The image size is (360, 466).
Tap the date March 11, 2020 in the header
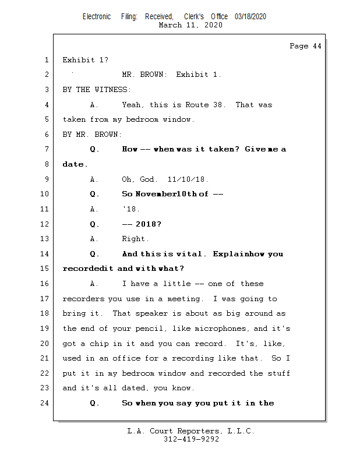[x=190, y=25]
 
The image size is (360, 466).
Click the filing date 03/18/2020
[x=250, y=16]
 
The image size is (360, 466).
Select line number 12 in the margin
[x=46, y=224]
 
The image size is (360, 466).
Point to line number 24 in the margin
[x=46, y=403]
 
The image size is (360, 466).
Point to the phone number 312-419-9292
[x=191, y=440]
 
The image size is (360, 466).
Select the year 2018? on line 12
[x=149, y=224]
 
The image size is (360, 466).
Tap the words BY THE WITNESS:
[x=97, y=90]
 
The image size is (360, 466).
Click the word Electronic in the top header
[x=97, y=16]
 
